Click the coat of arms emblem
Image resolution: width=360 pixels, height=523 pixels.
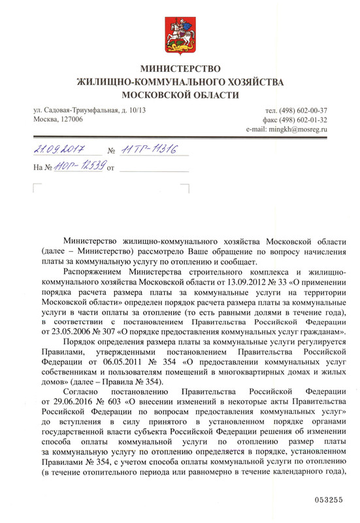pyautogui.click(x=180, y=33)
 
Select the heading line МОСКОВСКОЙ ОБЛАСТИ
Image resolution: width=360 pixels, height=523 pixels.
pyautogui.click(x=180, y=95)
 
